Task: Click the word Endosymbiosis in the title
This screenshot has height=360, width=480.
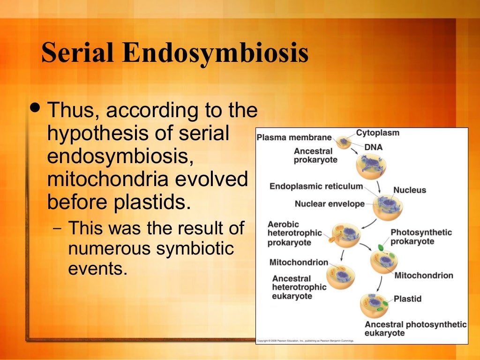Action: pos(216,53)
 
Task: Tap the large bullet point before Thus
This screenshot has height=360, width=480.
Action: pos(36,109)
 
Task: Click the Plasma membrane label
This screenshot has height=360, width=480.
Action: pos(294,138)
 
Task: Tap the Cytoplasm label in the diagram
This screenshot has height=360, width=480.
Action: pos(377,133)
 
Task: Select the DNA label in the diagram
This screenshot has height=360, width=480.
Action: pos(374,147)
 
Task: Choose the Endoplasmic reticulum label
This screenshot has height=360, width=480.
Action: pos(316,187)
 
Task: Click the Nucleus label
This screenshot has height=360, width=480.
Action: pos(409,190)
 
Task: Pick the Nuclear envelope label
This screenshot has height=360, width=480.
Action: pos(330,204)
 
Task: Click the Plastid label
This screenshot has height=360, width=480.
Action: pos(407,299)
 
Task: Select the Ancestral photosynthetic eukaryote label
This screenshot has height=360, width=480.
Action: pos(415,328)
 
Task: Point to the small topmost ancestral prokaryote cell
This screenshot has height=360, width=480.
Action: pos(345,141)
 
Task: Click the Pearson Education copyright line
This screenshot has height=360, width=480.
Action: pos(305,341)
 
